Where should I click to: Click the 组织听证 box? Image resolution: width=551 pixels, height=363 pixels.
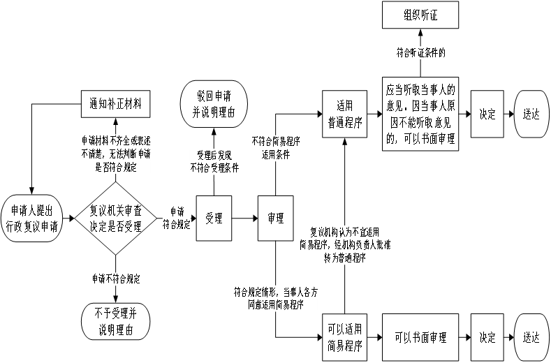point(420,15)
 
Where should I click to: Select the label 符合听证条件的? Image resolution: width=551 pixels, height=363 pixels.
point(420,52)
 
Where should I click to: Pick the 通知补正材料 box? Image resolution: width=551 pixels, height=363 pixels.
point(115,104)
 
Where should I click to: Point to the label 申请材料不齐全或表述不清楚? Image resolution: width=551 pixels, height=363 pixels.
point(116,154)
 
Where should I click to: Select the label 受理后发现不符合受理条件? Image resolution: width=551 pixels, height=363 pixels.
point(214,161)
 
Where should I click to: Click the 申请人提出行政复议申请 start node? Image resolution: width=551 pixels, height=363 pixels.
point(32,218)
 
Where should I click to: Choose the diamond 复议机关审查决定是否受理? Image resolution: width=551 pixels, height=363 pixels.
point(116,218)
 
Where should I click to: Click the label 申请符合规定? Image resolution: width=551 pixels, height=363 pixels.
point(177,218)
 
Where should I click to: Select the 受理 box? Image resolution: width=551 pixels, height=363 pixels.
point(214,218)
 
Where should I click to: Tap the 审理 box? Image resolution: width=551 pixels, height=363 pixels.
point(275,218)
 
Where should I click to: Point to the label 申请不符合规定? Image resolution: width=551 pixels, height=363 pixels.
point(116,279)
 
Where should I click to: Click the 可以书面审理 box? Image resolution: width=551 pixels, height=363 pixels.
point(420,337)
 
